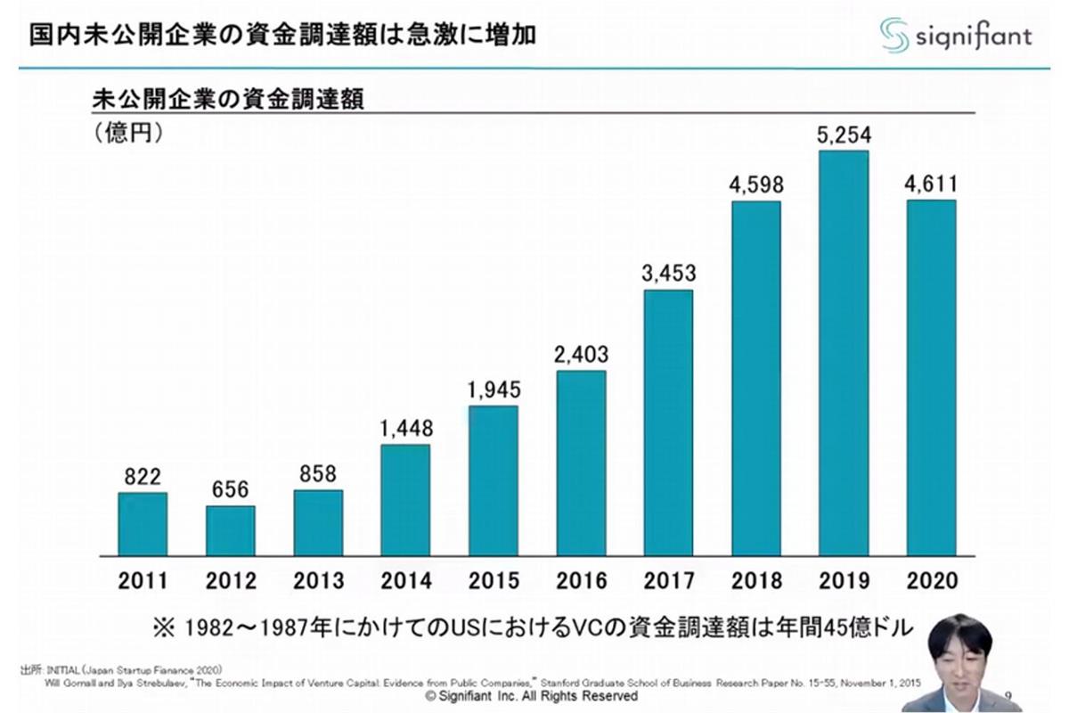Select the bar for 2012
[230, 531]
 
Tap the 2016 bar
[581, 463]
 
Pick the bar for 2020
[931, 378]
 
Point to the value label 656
[230, 490]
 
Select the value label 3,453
[668, 274]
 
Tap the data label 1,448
[405, 429]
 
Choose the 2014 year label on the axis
[405, 582]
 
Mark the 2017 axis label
[668, 582]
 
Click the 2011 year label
[143, 582]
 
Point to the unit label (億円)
[126, 133]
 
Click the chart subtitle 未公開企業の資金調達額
[229, 98]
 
